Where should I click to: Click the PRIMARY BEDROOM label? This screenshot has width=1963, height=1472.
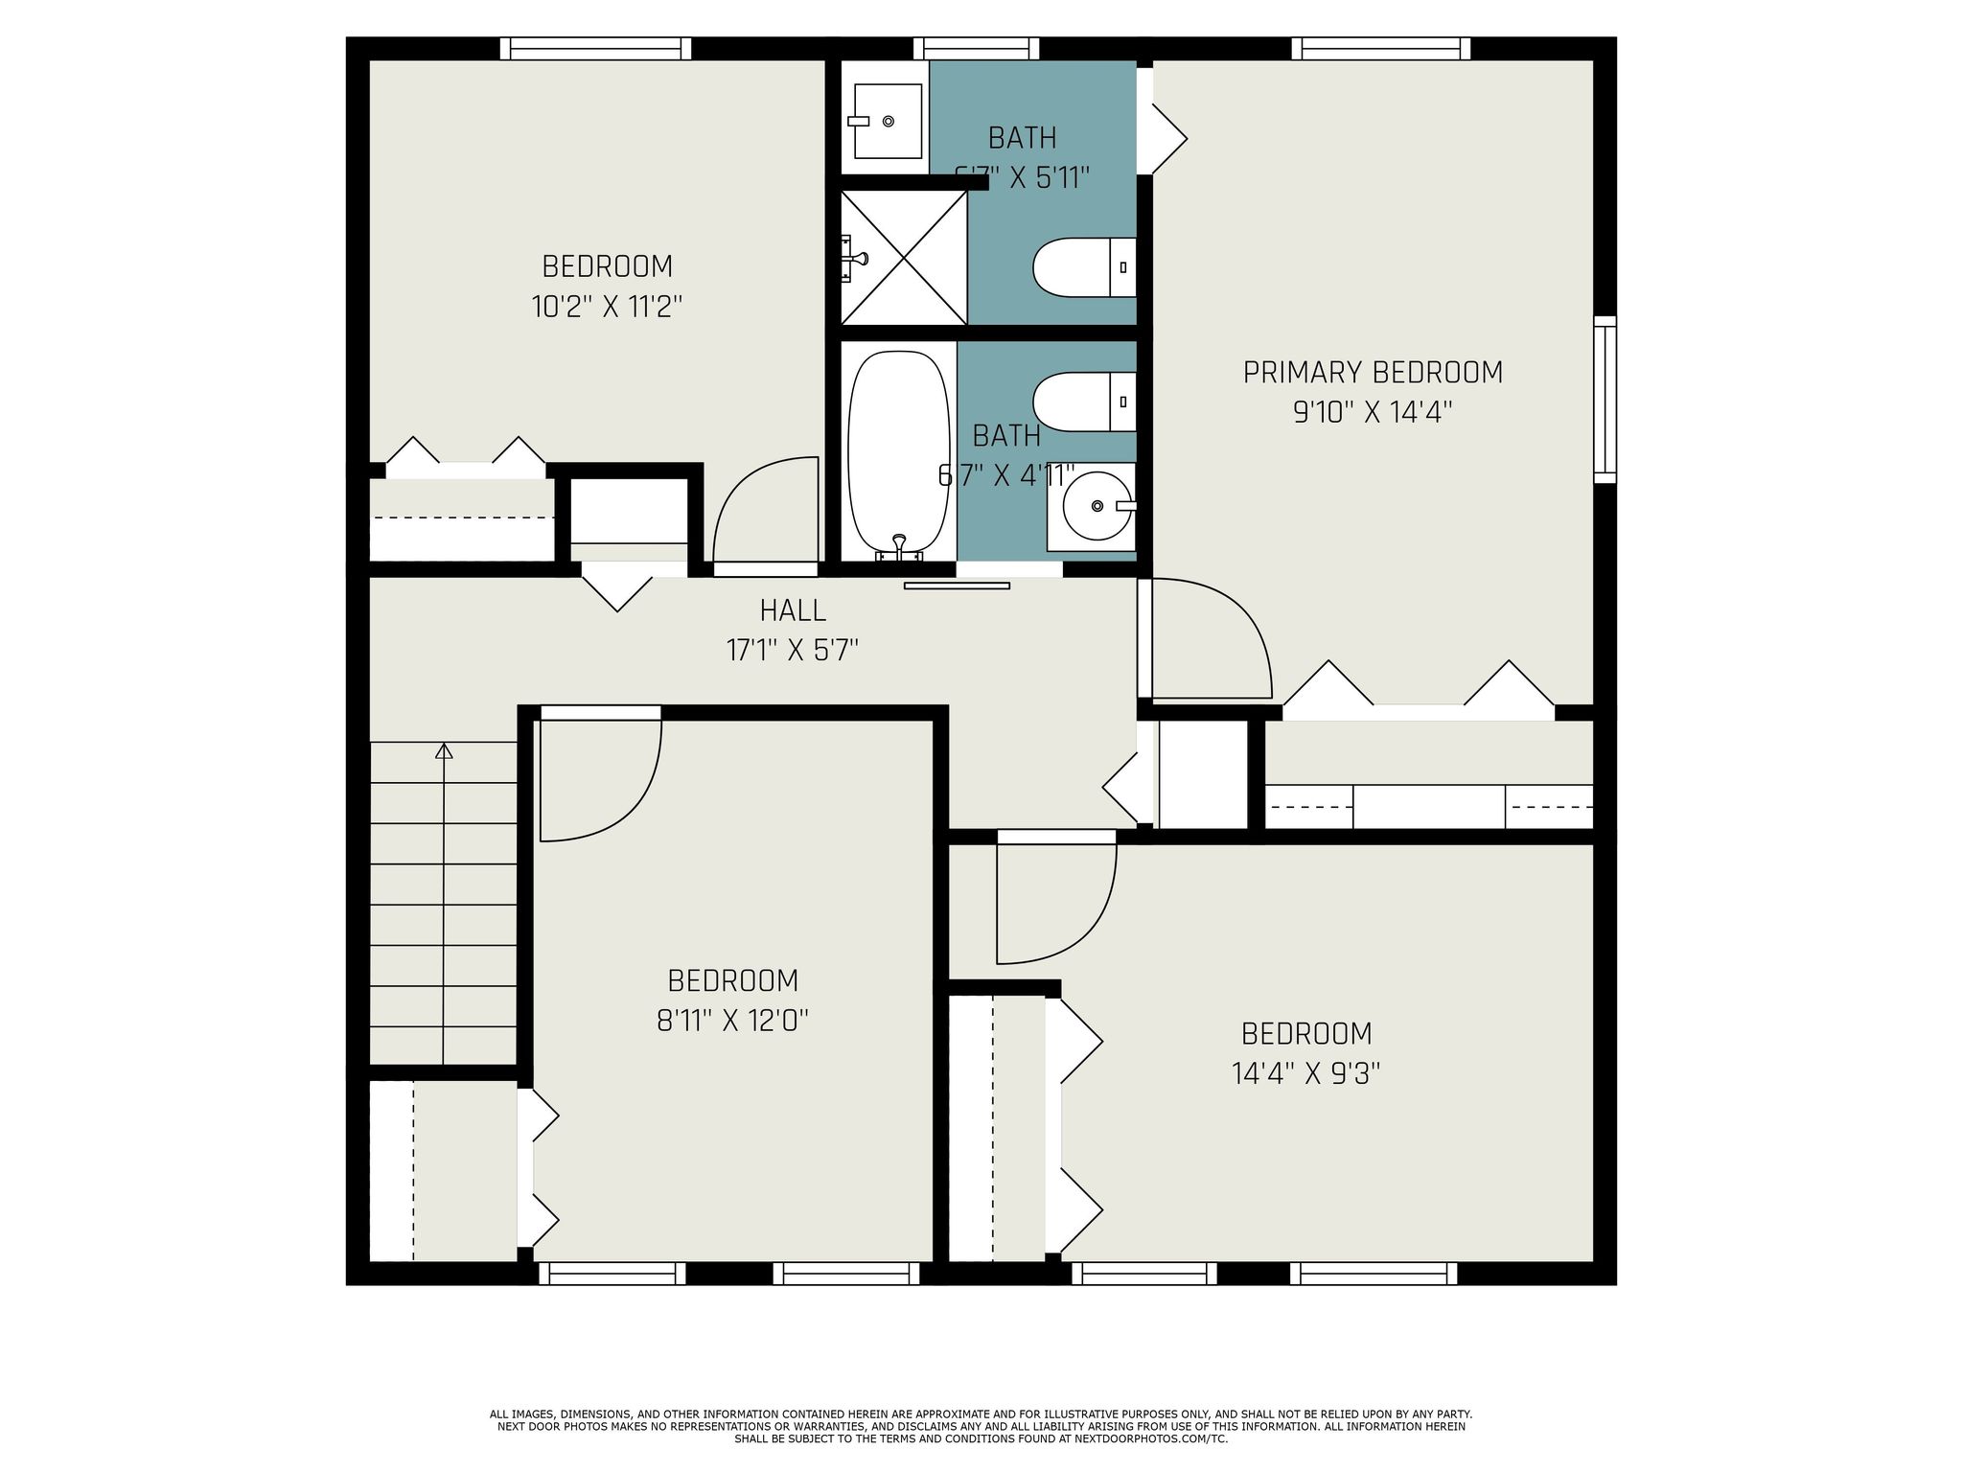pos(1373,372)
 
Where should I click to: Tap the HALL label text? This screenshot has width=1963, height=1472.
pos(793,609)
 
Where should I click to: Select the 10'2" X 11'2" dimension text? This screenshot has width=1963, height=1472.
pos(607,307)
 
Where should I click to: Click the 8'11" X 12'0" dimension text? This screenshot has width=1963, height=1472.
pos(732,1021)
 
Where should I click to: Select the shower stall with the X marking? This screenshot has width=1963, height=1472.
pos(903,257)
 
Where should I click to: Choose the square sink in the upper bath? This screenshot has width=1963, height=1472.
pos(887,121)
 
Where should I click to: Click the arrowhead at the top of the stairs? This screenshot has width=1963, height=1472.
pos(443,751)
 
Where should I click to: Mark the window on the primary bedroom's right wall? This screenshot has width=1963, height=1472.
pos(1605,400)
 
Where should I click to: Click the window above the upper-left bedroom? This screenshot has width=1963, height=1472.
pos(595,48)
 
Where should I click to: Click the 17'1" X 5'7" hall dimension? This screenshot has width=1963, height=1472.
pos(792,651)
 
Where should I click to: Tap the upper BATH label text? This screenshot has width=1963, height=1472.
pos(1022,138)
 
